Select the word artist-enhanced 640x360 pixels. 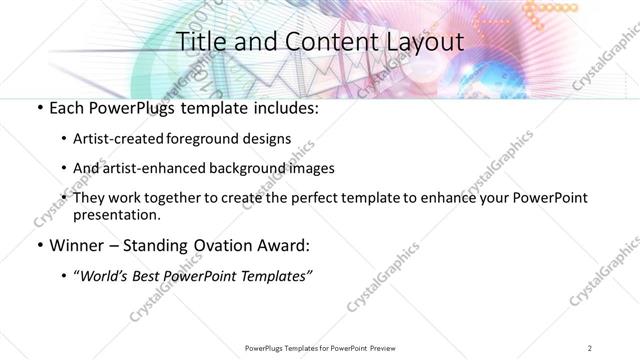coord(164,168)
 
